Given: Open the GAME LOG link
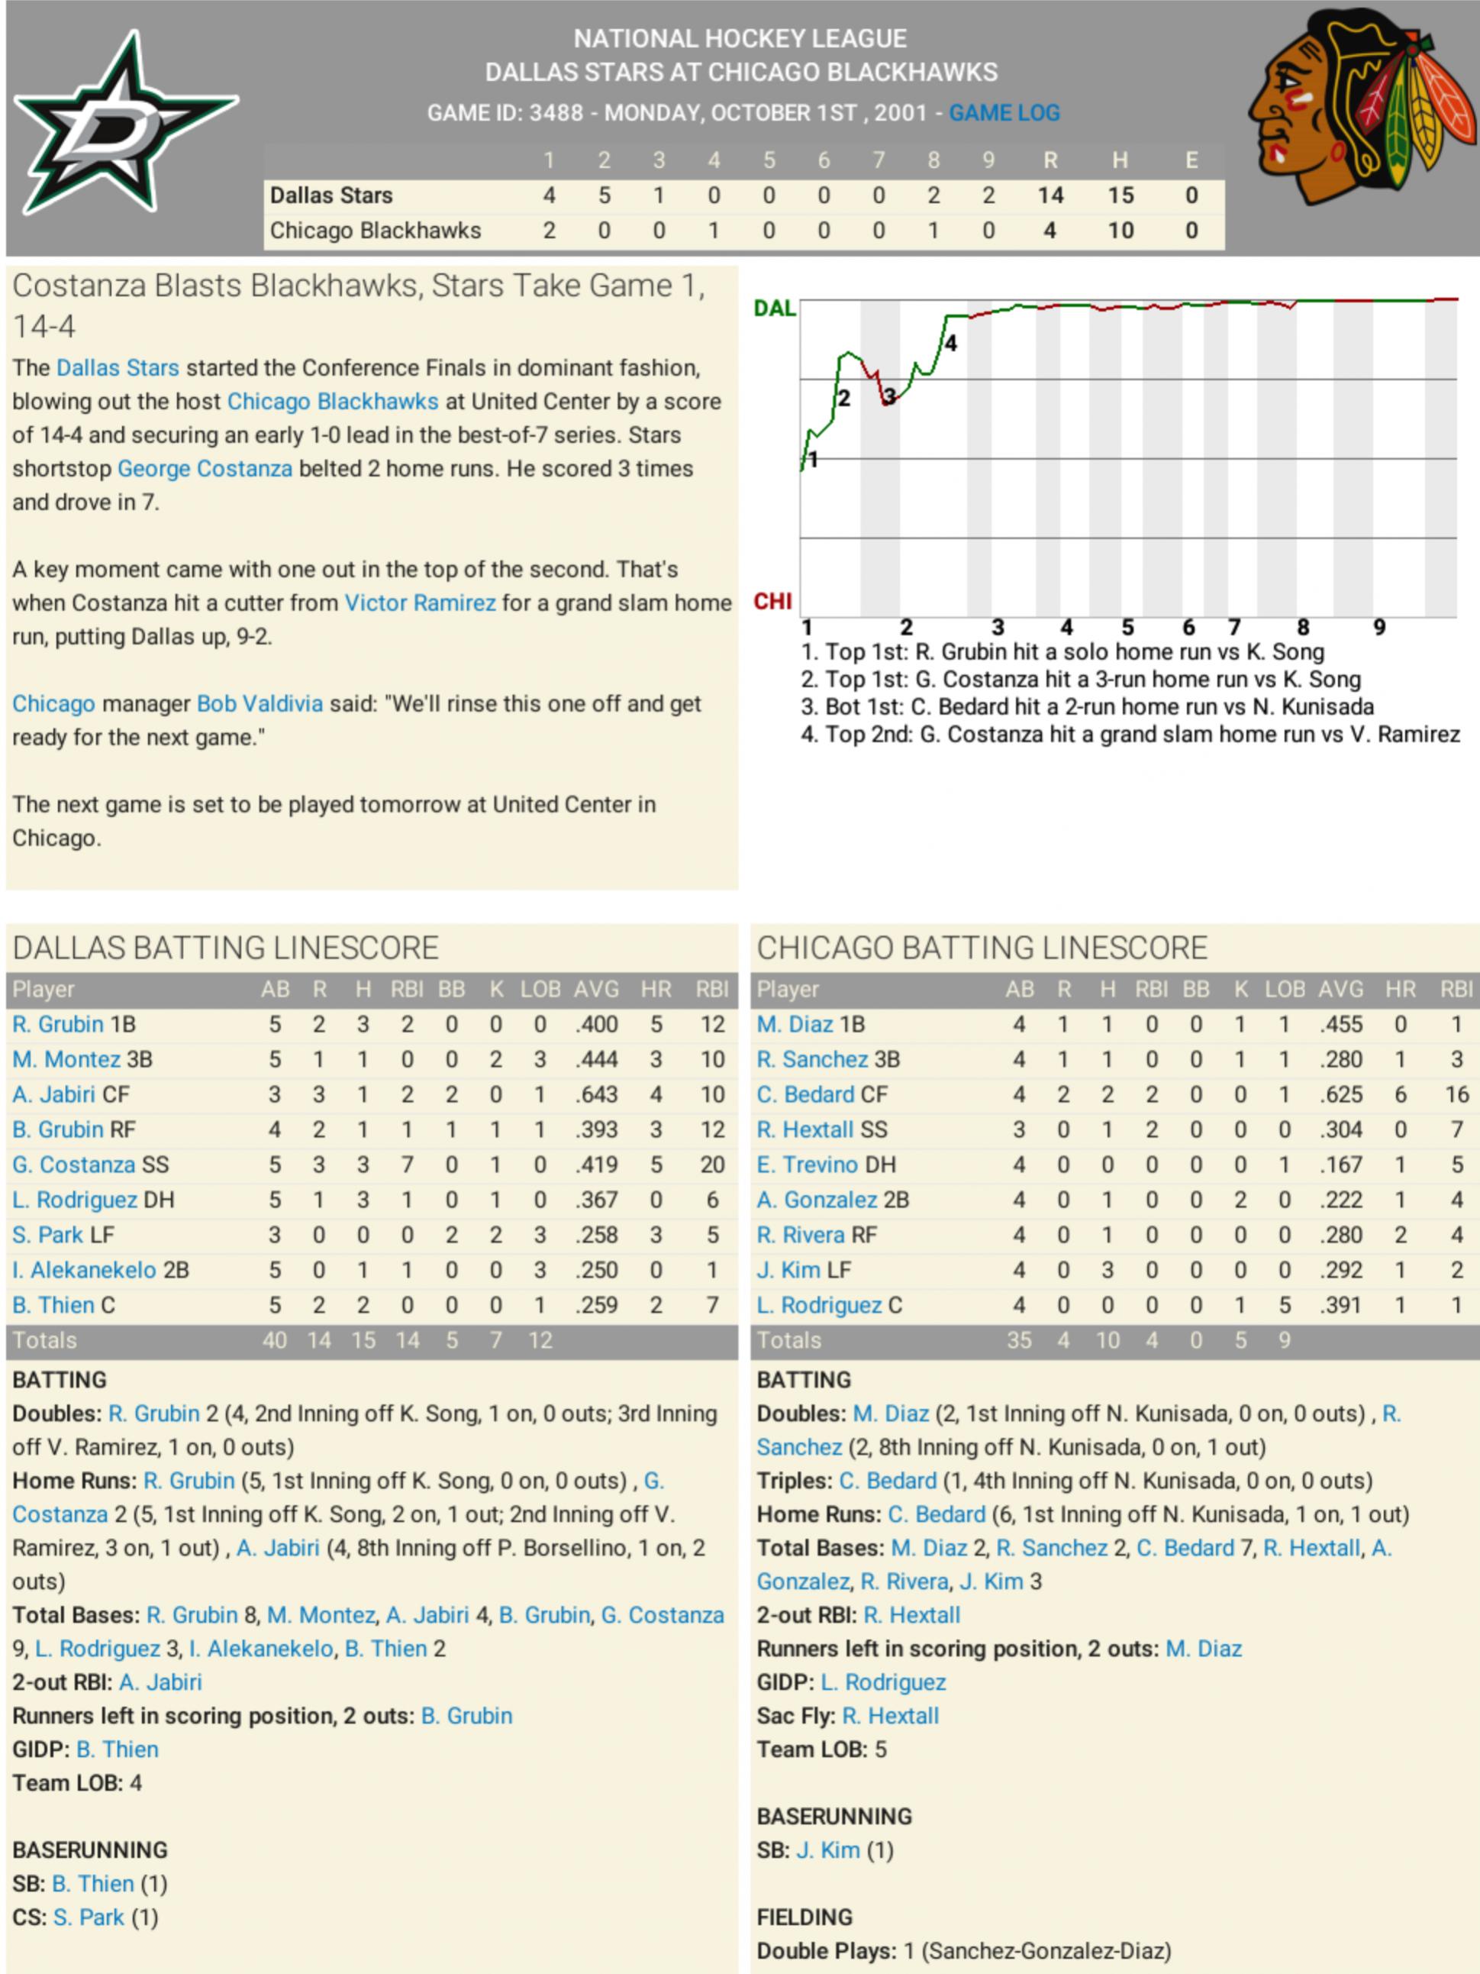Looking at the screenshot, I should (1004, 113).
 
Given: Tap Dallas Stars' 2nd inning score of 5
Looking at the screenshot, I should (604, 195).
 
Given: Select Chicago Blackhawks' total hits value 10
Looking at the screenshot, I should (1120, 231).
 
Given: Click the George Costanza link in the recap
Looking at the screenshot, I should (205, 469).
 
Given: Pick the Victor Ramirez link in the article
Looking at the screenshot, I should (419, 603).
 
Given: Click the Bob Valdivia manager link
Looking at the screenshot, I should (260, 704).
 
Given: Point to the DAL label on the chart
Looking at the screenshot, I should (774, 309).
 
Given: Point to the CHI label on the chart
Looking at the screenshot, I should (772, 602).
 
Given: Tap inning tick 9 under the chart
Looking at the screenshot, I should (1379, 628).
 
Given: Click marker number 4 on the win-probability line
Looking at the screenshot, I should (951, 344).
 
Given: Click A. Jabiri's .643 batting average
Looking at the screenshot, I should (596, 1094).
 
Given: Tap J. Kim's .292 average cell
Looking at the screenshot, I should (1341, 1270).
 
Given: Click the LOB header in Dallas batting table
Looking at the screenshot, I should (540, 989).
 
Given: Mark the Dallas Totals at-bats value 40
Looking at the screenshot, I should (275, 1340).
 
